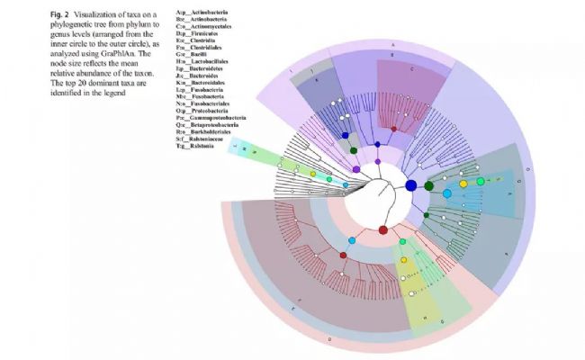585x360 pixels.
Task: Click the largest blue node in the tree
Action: point(411,185)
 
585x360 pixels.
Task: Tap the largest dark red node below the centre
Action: point(383,231)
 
